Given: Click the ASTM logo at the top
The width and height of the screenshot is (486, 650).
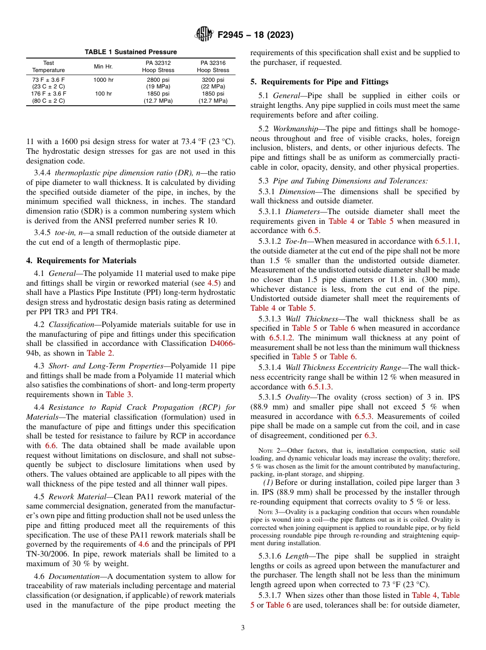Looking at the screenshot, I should pyautogui.click(x=204, y=35).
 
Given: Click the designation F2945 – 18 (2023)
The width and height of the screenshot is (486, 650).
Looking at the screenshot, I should pyautogui.click(x=255, y=35).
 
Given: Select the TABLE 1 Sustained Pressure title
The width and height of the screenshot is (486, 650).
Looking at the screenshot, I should pyautogui.click(x=130, y=52).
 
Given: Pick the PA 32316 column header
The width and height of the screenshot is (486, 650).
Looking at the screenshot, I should pyautogui.click(x=213, y=66).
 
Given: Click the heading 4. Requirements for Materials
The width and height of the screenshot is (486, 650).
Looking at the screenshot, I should pyautogui.click(x=81, y=261).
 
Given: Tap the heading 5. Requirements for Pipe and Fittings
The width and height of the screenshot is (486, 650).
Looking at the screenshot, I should pyautogui.click(x=319, y=82).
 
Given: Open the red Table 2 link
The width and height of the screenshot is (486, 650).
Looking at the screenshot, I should pyautogui.click(x=97, y=353).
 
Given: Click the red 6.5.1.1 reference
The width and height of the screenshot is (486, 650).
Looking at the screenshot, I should pyautogui.click(x=447, y=241).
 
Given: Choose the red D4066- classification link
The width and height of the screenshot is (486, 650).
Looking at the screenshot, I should pyautogui.click(x=223, y=343).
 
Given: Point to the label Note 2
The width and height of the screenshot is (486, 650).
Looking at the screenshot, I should pyautogui.click(x=268, y=451).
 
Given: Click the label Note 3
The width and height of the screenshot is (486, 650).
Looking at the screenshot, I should pyautogui.click(x=268, y=512).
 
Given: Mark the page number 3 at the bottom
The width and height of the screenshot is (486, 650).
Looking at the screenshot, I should pyautogui.click(x=243, y=628).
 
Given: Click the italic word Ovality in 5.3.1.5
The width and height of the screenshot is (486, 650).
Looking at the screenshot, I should pyautogui.click(x=298, y=397).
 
